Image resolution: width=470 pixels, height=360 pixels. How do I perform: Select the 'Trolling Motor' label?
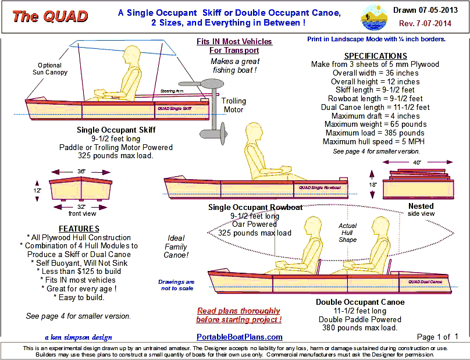click(234, 105)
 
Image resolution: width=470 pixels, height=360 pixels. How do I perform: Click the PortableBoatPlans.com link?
click(240, 337)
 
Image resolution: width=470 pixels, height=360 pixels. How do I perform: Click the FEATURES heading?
click(79, 229)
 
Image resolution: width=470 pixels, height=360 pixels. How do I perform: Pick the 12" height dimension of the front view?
click(37, 190)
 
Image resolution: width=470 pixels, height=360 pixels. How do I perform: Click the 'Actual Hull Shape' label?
click(348, 233)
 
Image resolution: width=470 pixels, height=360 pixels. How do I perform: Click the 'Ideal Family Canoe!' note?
click(176, 246)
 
